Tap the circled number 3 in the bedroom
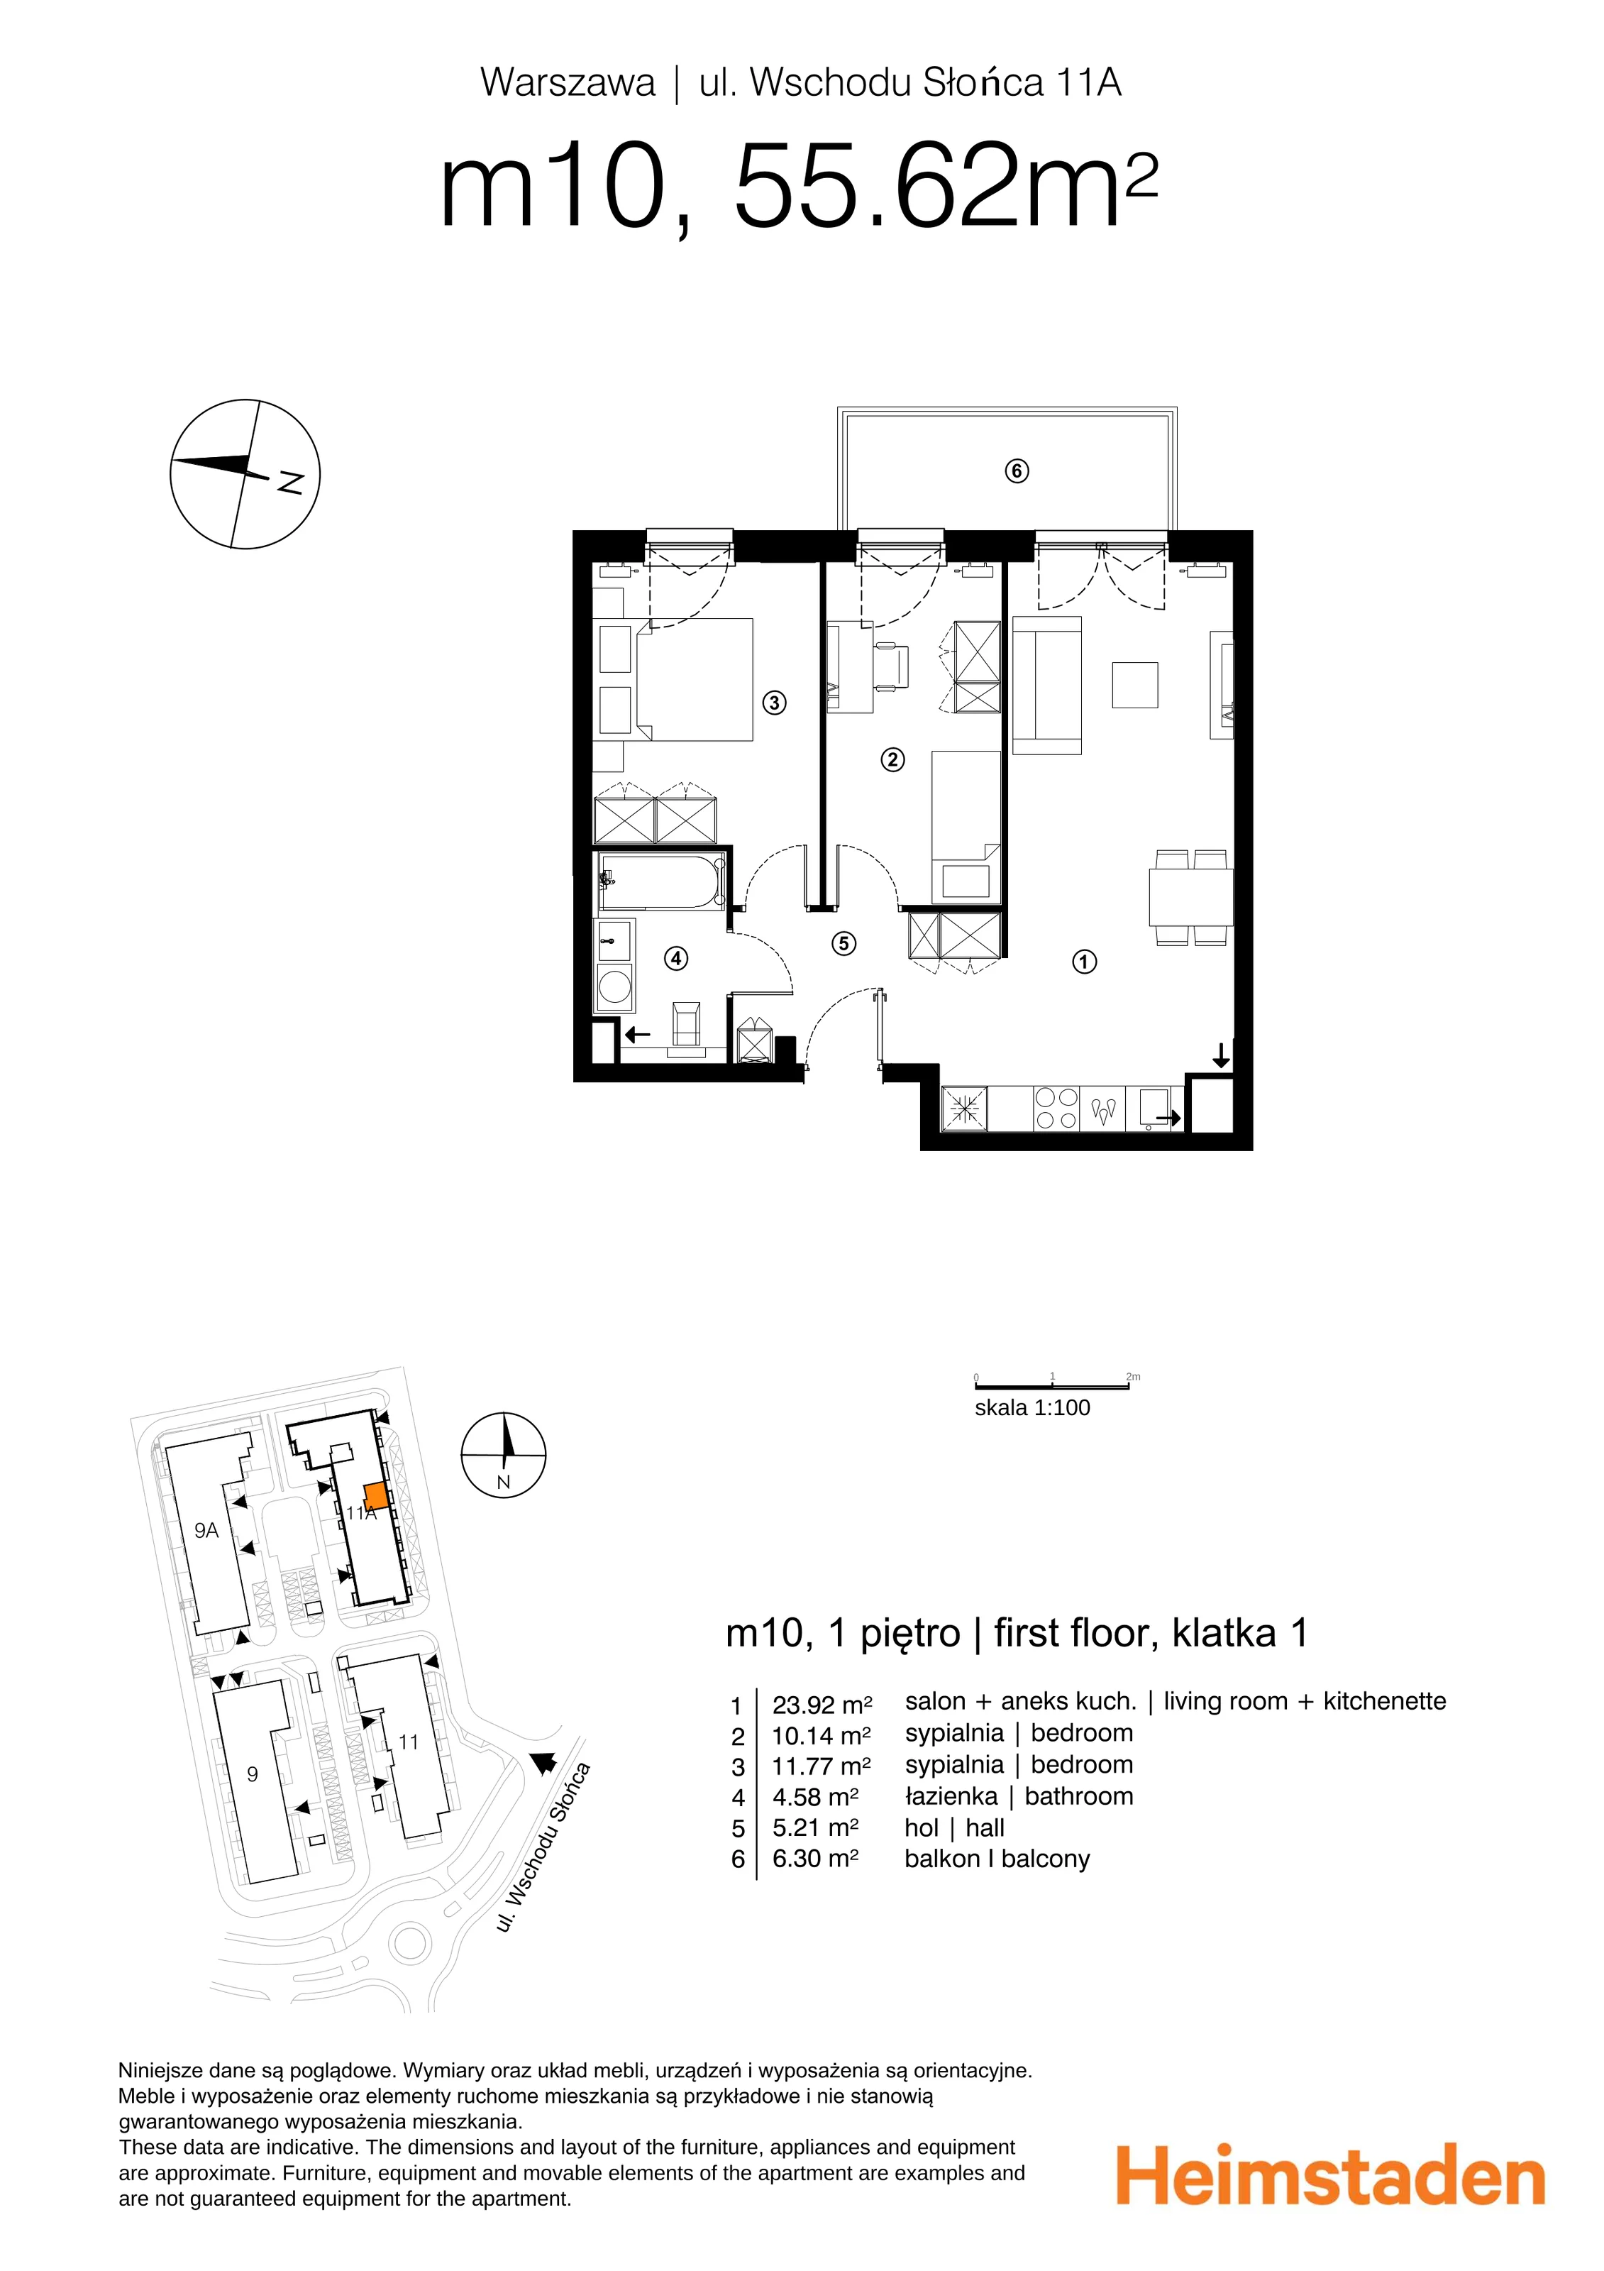pos(774,703)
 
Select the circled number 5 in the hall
pos(844,944)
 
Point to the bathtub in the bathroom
pos(660,882)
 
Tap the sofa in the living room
pos(1047,686)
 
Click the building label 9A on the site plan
pos(206,1530)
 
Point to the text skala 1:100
pos(1032,1407)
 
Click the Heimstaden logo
pos(1330,2175)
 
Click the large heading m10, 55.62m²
pos(798,186)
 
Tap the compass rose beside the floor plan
pos(245,474)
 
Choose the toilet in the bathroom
pos(686,1025)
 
